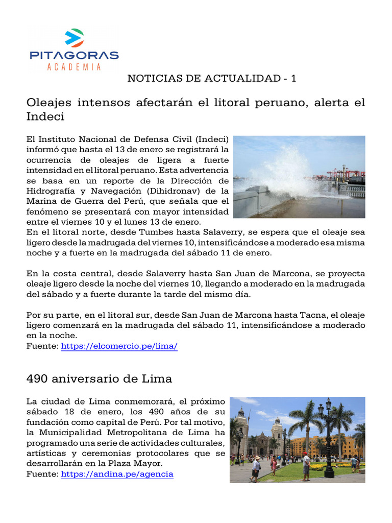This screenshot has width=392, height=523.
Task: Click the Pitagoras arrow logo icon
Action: pos(74,39)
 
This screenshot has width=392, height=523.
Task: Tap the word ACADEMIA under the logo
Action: pos(74,67)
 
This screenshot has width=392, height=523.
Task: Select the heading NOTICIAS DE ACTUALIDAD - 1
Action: pos(211,78)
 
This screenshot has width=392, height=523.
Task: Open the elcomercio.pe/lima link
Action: pos(119,346)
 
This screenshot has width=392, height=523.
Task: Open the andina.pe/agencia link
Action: pos(117,474)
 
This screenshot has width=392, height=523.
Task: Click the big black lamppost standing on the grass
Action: pos(329,439)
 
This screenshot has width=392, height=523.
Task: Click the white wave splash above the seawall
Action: pos(286,169)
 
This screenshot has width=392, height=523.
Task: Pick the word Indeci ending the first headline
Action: pos(45,116)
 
